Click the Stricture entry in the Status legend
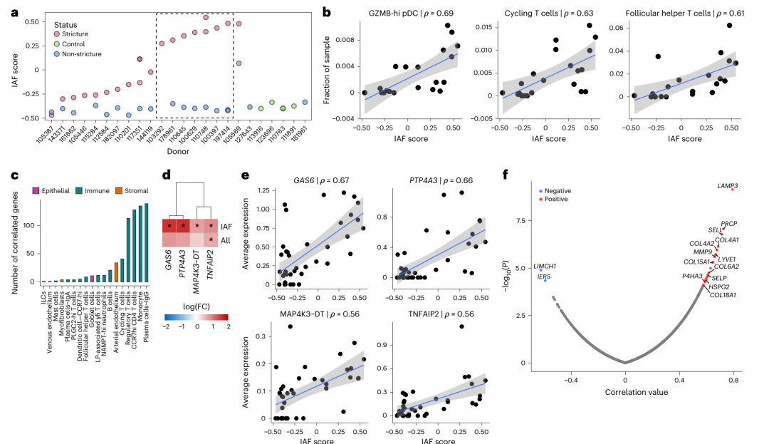(73, 33)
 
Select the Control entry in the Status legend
(72, 43)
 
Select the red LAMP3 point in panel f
(731, 190)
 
